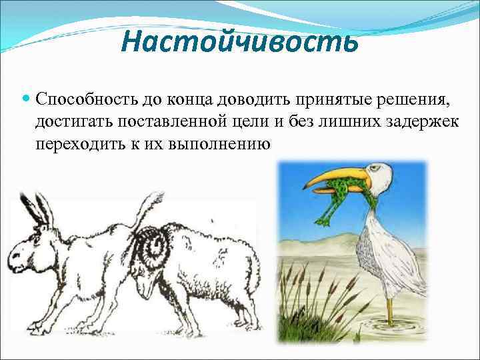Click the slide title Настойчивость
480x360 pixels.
click(x=240, y=43)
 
